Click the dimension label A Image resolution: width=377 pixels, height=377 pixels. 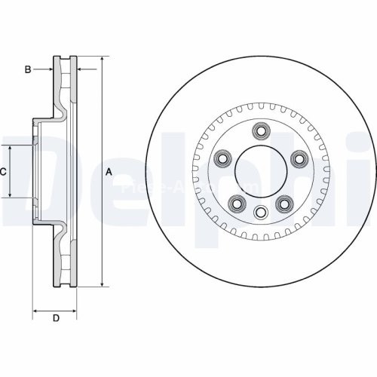pos(109,172)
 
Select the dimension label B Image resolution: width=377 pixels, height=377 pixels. pos(27,70)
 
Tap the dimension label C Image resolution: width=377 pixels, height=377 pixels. pos(3,172)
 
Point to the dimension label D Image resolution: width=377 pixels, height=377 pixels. pos(56,319)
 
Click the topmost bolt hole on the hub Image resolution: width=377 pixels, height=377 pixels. pos(261,131)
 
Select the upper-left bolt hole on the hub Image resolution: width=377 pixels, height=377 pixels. pos(222,158)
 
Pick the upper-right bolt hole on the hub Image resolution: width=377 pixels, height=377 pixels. pos(299,158)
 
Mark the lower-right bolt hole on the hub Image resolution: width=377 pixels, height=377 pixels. pos(284,203)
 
